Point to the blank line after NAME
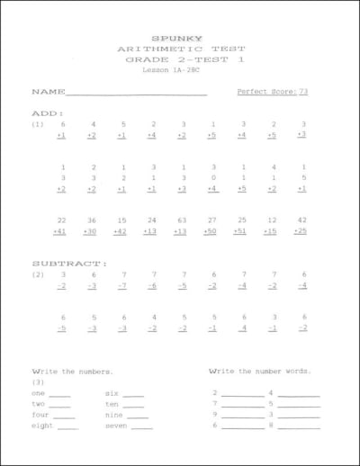137,94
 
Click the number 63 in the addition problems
182,220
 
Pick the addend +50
211,231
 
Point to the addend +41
60,231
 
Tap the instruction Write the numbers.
72,371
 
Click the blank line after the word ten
133,406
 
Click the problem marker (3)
39,381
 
